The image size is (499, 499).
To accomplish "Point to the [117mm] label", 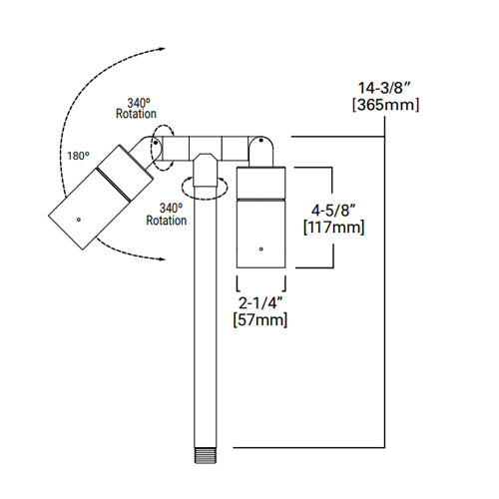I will [x=331, y=228].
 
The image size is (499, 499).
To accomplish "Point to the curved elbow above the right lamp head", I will [x=261, y=151].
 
